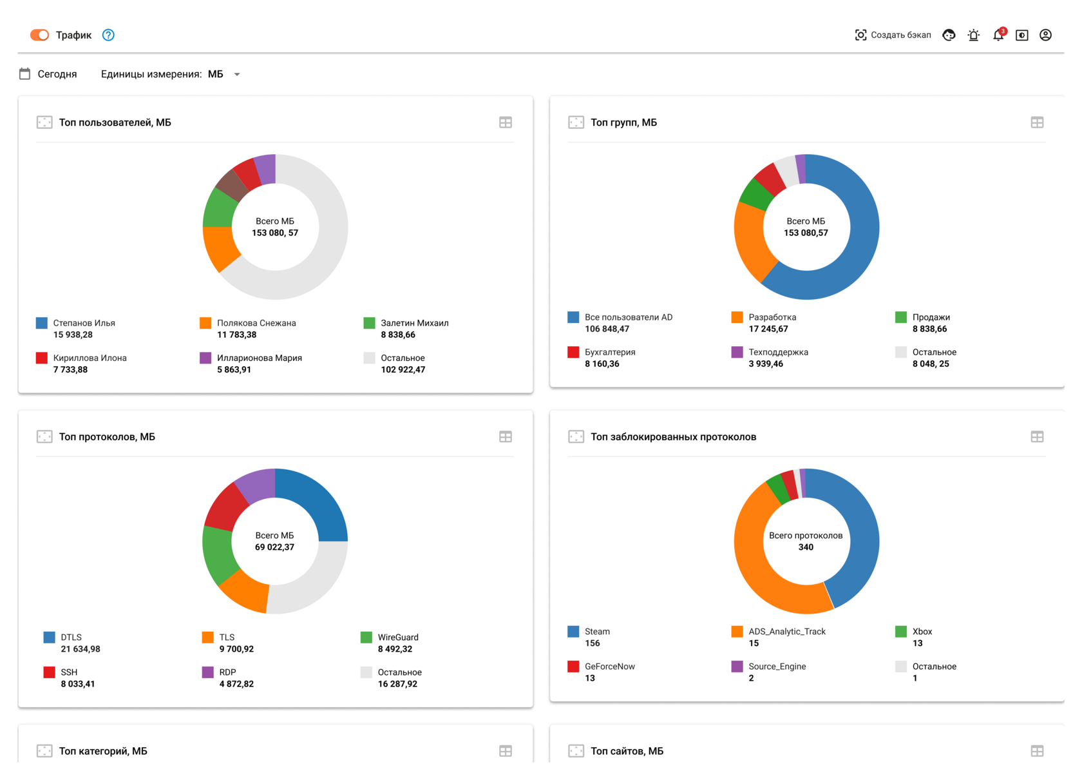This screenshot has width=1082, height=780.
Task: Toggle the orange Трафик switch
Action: click(39, 35)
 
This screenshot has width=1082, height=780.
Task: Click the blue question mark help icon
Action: click(108, 35)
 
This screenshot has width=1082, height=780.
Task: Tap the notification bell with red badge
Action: click(998, 35)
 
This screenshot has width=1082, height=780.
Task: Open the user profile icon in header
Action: click(1045, 35)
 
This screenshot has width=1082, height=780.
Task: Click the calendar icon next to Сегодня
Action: click(25, 74)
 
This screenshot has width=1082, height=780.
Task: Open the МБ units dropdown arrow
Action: click(237, 75)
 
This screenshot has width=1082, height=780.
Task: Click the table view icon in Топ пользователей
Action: click(506, 122)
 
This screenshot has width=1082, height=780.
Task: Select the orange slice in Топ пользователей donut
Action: click(220, 248)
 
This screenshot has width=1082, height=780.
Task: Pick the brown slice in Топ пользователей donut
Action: click(231, 186)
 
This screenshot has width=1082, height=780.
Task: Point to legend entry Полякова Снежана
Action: click(256, 323)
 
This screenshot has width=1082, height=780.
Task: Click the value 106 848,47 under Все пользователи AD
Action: click(607, 329)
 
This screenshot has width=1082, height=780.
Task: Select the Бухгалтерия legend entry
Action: click(609, 352)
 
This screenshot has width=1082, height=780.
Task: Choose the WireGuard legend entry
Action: click(397, 638)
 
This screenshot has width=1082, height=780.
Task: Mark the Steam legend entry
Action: click(597, 632)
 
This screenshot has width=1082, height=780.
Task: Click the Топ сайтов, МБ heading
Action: click(627, 751)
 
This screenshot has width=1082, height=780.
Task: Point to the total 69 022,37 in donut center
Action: click(274, 547)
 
